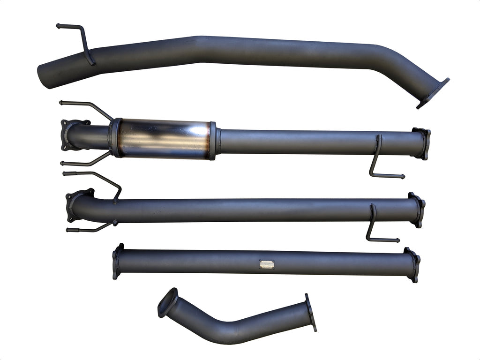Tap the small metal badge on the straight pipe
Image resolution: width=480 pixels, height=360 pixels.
(x=267, y=264)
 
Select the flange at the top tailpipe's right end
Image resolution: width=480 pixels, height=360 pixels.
(x=432, y=93)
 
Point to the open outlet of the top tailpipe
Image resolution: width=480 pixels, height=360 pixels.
(x=44, y=78)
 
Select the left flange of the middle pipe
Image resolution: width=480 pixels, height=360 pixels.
(x=75, y=204)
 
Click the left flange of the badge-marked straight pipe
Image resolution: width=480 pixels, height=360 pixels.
(x=117, y=261)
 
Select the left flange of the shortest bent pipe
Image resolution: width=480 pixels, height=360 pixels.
(x=167, y=302)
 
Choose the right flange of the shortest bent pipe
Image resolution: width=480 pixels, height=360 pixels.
(x=310, y=312)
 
